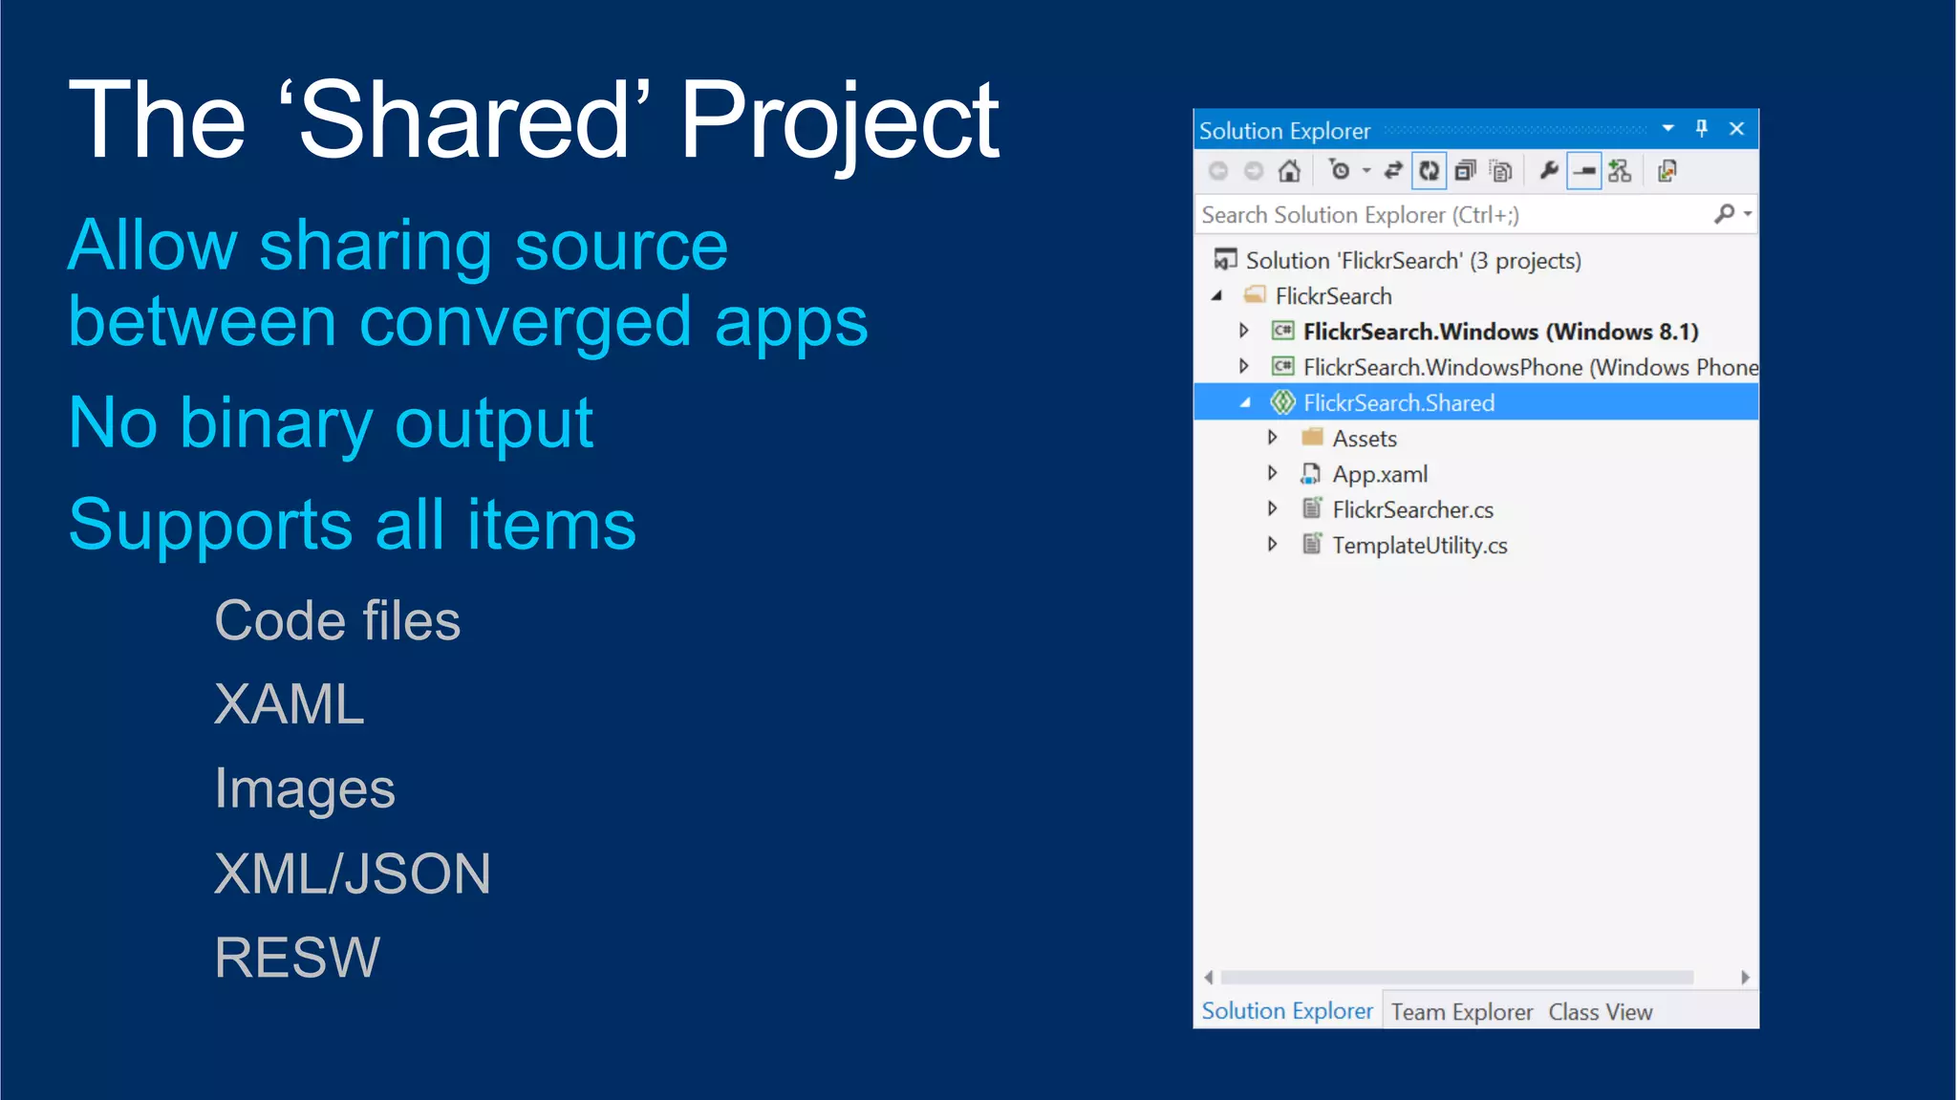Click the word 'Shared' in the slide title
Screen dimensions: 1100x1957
point(462,120)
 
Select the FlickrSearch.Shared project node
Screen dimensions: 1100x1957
point(1398,403)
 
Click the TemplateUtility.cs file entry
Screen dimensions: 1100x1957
point(1419,546)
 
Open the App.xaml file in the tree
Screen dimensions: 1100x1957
point(1379,474)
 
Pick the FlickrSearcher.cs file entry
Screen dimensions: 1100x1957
point(1412,510)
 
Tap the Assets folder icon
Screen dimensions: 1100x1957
point(1312,438)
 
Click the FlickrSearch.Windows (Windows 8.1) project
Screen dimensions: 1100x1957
point(1500,332)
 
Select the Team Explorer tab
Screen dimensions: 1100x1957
point(1461,1012)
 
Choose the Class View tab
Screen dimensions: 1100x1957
point(1600,1012)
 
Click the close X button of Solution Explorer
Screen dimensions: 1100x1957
point(1736,129)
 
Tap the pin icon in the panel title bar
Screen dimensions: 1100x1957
point(1701,129)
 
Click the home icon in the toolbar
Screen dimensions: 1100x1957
point(1289,171)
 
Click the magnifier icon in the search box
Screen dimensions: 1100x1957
point(1724,214)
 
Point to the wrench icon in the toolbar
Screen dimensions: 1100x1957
point(1548,171)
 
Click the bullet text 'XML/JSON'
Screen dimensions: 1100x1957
point(352,874)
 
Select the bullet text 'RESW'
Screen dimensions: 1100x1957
point(297,958)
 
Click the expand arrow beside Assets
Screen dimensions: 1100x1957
point(1272,438)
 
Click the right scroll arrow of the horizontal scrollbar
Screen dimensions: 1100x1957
point(1745,978)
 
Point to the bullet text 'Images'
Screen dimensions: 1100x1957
point(304,789)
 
